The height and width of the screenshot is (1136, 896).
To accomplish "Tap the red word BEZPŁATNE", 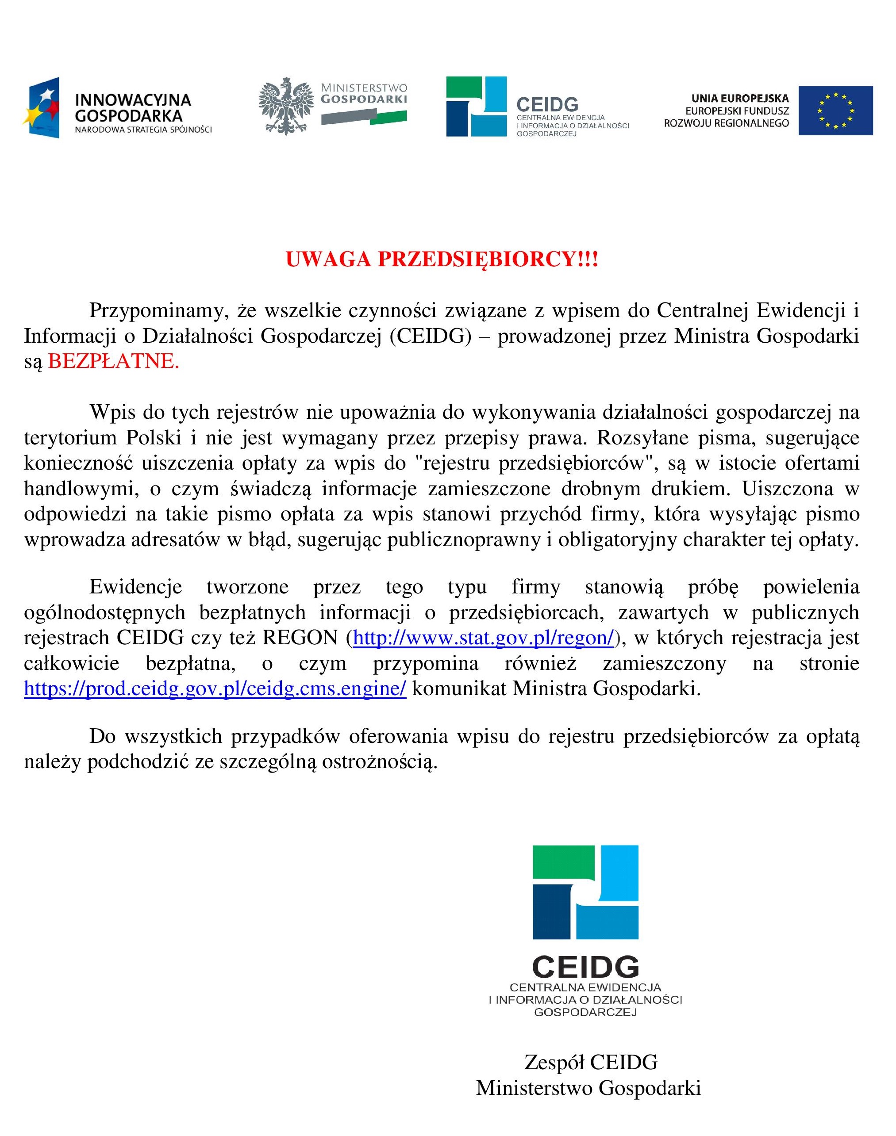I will [113, 362].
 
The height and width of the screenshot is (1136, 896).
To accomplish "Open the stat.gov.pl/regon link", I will [483, 638].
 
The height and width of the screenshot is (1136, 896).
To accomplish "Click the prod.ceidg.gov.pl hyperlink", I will [215, 689].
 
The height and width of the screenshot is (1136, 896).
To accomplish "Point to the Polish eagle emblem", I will [286, 107].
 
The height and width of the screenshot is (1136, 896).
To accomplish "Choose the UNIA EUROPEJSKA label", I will [740, 99].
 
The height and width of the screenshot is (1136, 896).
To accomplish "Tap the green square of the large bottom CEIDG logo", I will [563, 862].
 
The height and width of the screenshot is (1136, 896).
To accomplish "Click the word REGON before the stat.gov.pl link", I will [300, 638].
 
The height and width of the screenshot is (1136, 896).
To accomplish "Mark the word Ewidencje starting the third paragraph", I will [135, 587].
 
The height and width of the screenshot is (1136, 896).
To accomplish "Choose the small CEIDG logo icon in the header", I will [477, 107].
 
